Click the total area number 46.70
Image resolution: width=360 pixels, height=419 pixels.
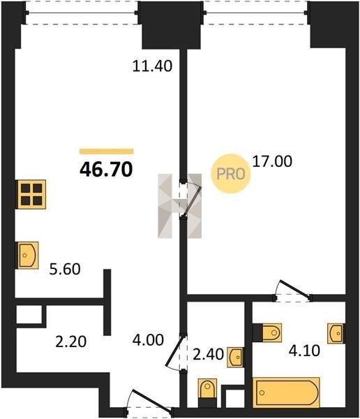tap(106, 170)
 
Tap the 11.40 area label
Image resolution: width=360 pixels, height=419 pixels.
tap(152, 66)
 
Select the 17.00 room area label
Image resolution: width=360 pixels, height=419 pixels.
tap(272, 162)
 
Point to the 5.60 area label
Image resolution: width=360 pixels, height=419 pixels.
tap(65, 269)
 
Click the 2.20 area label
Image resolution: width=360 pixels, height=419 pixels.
tap(70, 341)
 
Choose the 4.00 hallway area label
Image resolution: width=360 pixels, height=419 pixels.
tap(148, 340)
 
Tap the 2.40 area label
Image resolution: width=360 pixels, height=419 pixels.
tap(208, 354)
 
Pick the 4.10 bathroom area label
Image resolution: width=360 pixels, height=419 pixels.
tap(304, 351)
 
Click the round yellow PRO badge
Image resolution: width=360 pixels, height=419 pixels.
tap(231, 174)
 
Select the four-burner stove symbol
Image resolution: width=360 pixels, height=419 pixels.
tap(31, 194)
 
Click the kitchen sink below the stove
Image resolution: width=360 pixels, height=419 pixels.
tap(28, 255)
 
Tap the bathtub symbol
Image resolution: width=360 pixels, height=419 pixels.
tap(286, 392)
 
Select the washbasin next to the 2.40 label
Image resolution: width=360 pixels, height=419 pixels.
tap(235, 357)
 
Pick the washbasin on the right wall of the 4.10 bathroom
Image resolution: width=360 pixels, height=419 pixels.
tap(336, 334)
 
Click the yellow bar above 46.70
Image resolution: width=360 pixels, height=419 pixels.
tap(107, 152)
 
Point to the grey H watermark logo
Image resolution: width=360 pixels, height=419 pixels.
tap(179, 206)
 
